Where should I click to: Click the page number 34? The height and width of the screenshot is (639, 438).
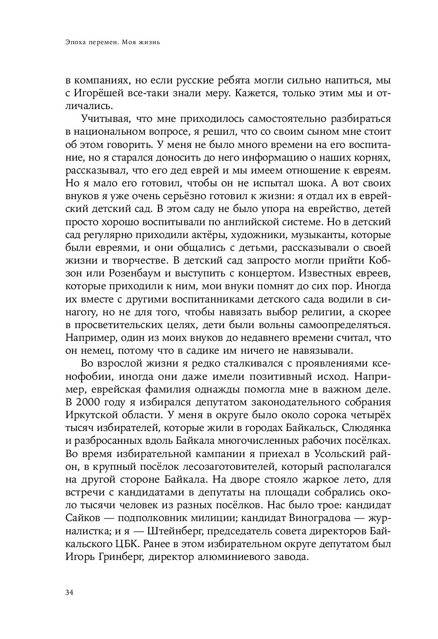[68, 593]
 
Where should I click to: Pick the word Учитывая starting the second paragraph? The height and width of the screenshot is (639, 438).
[104, 119]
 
